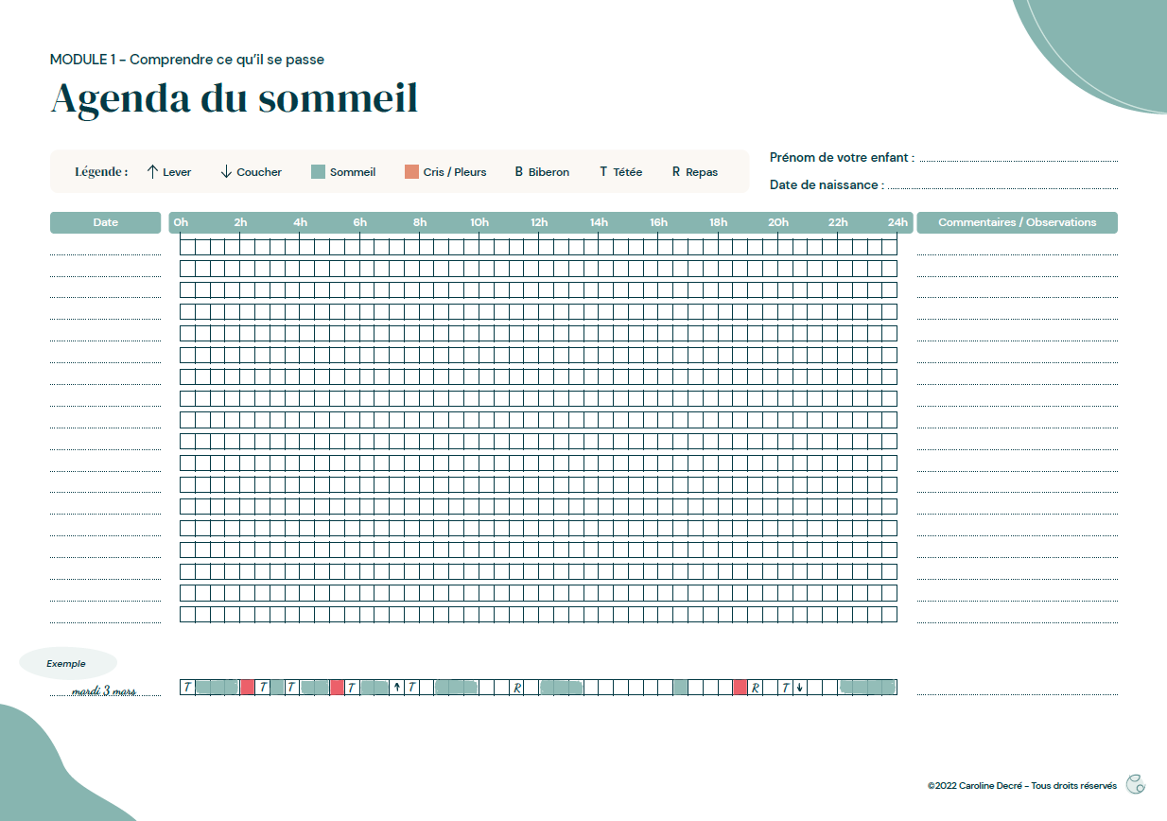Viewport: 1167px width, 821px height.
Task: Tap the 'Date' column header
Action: pyautogui.click(x=106, y=222)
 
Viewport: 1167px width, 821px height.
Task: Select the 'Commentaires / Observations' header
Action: pyautogui.click(x=1017, y=222)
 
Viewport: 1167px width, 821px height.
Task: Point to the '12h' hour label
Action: pyautogui.click(x=539, y=222)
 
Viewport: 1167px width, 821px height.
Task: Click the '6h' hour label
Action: pyautogui.click(x=360, y=222)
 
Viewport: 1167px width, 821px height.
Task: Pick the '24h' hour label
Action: pyautogui.click(x=897, y=222)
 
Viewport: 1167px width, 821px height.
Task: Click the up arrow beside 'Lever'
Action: pyautogui.click(x=152, y=172)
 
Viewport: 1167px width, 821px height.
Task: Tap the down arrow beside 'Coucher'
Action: pyautogui.click(x=226, y=172)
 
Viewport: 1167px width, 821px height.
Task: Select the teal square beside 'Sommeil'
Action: pyautogui.click(x=318, y=172)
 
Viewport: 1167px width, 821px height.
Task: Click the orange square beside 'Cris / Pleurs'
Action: pyautogui.click(x=411, y=172)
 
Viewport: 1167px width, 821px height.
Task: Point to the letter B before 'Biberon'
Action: pyautogui.click(x=519, y=172)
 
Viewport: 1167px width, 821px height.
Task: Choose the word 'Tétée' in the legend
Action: pyautogui.click(x=627, y=172)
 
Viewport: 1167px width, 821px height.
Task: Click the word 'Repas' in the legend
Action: pyautogui.click(x=702, y=172)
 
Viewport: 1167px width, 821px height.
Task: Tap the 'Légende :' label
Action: pyautogui.click(x=101, y=172)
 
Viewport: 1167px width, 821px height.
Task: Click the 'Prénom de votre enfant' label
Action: pyautogui.click(x=841, y=157)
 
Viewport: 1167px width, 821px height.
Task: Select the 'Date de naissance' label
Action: pyautogui.click(x=826, y=184)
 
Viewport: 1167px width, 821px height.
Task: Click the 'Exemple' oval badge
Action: pyautogui.click(x=66, y=664)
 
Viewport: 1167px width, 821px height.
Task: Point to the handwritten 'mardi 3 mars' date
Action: pyautogui.click(x=103, y=690)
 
